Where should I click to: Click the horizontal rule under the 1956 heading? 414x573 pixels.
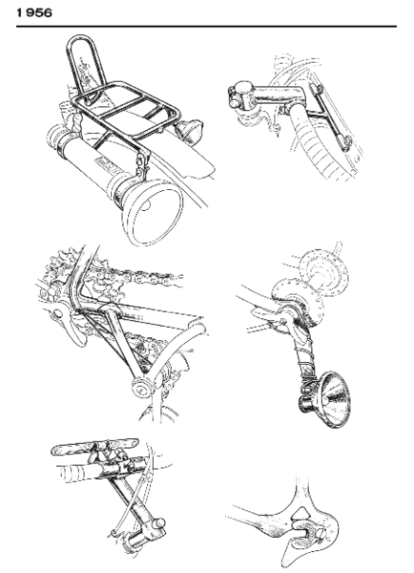tap(207, 26)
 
